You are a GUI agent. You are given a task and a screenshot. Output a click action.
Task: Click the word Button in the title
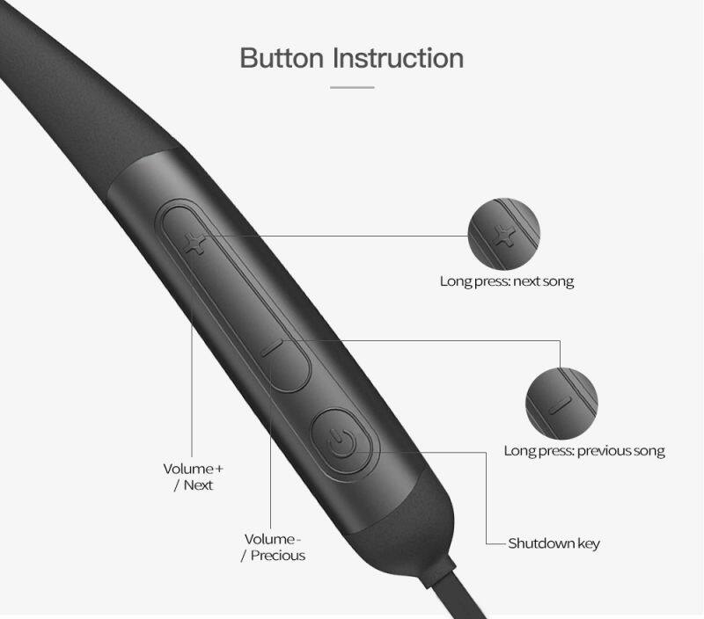coord(282,58)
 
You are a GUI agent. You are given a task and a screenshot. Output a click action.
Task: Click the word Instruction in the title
coord(399,58)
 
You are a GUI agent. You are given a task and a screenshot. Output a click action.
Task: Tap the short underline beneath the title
coord(352,87)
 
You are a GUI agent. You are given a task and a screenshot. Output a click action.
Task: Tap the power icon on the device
coord(342,442)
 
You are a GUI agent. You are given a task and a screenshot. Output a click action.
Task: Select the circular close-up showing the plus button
coord(503,234)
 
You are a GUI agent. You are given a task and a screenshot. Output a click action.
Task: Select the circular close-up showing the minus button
coord(561,404)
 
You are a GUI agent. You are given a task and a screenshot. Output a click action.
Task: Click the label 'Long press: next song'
coord(507,281)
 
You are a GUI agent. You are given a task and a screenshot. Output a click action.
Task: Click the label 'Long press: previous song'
coord(584,451)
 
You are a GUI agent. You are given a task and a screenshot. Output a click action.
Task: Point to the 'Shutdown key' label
coord(554,543)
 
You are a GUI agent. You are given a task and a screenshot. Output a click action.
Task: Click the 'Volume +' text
coord(193,469)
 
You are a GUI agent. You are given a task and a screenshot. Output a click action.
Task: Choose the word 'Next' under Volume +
coord(198,485)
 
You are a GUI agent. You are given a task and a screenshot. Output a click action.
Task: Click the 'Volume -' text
coord(273,539)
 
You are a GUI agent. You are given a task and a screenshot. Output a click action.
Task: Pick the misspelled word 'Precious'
coord(278,556)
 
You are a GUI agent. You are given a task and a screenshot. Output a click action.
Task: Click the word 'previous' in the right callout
coord(598,451)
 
